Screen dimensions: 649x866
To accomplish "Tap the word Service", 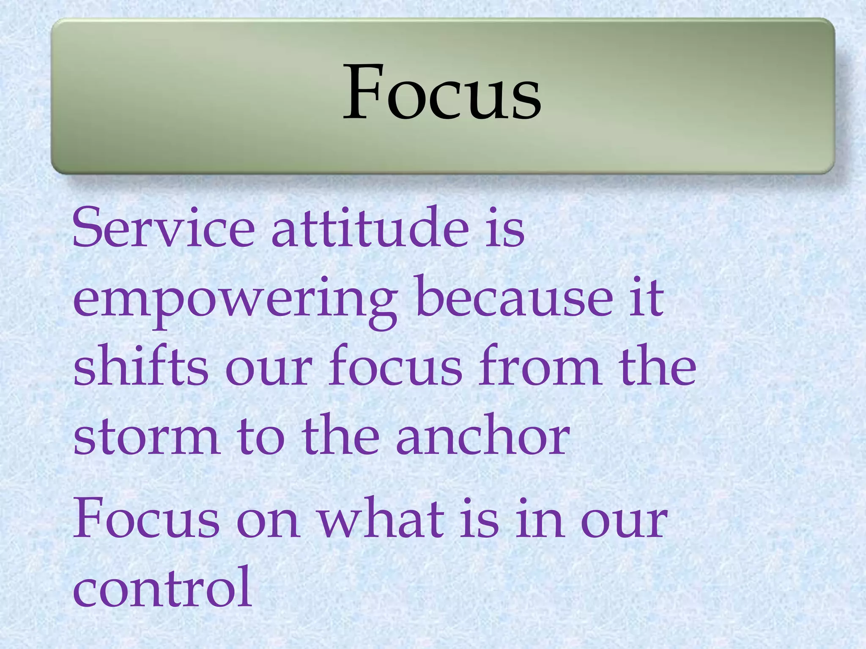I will [164, 228].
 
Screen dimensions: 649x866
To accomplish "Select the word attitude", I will [370, 228].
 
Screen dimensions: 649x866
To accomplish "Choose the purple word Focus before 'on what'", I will [146, 518].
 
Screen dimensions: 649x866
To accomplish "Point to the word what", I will [381, 518].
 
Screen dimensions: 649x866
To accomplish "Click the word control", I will [163, 587].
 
